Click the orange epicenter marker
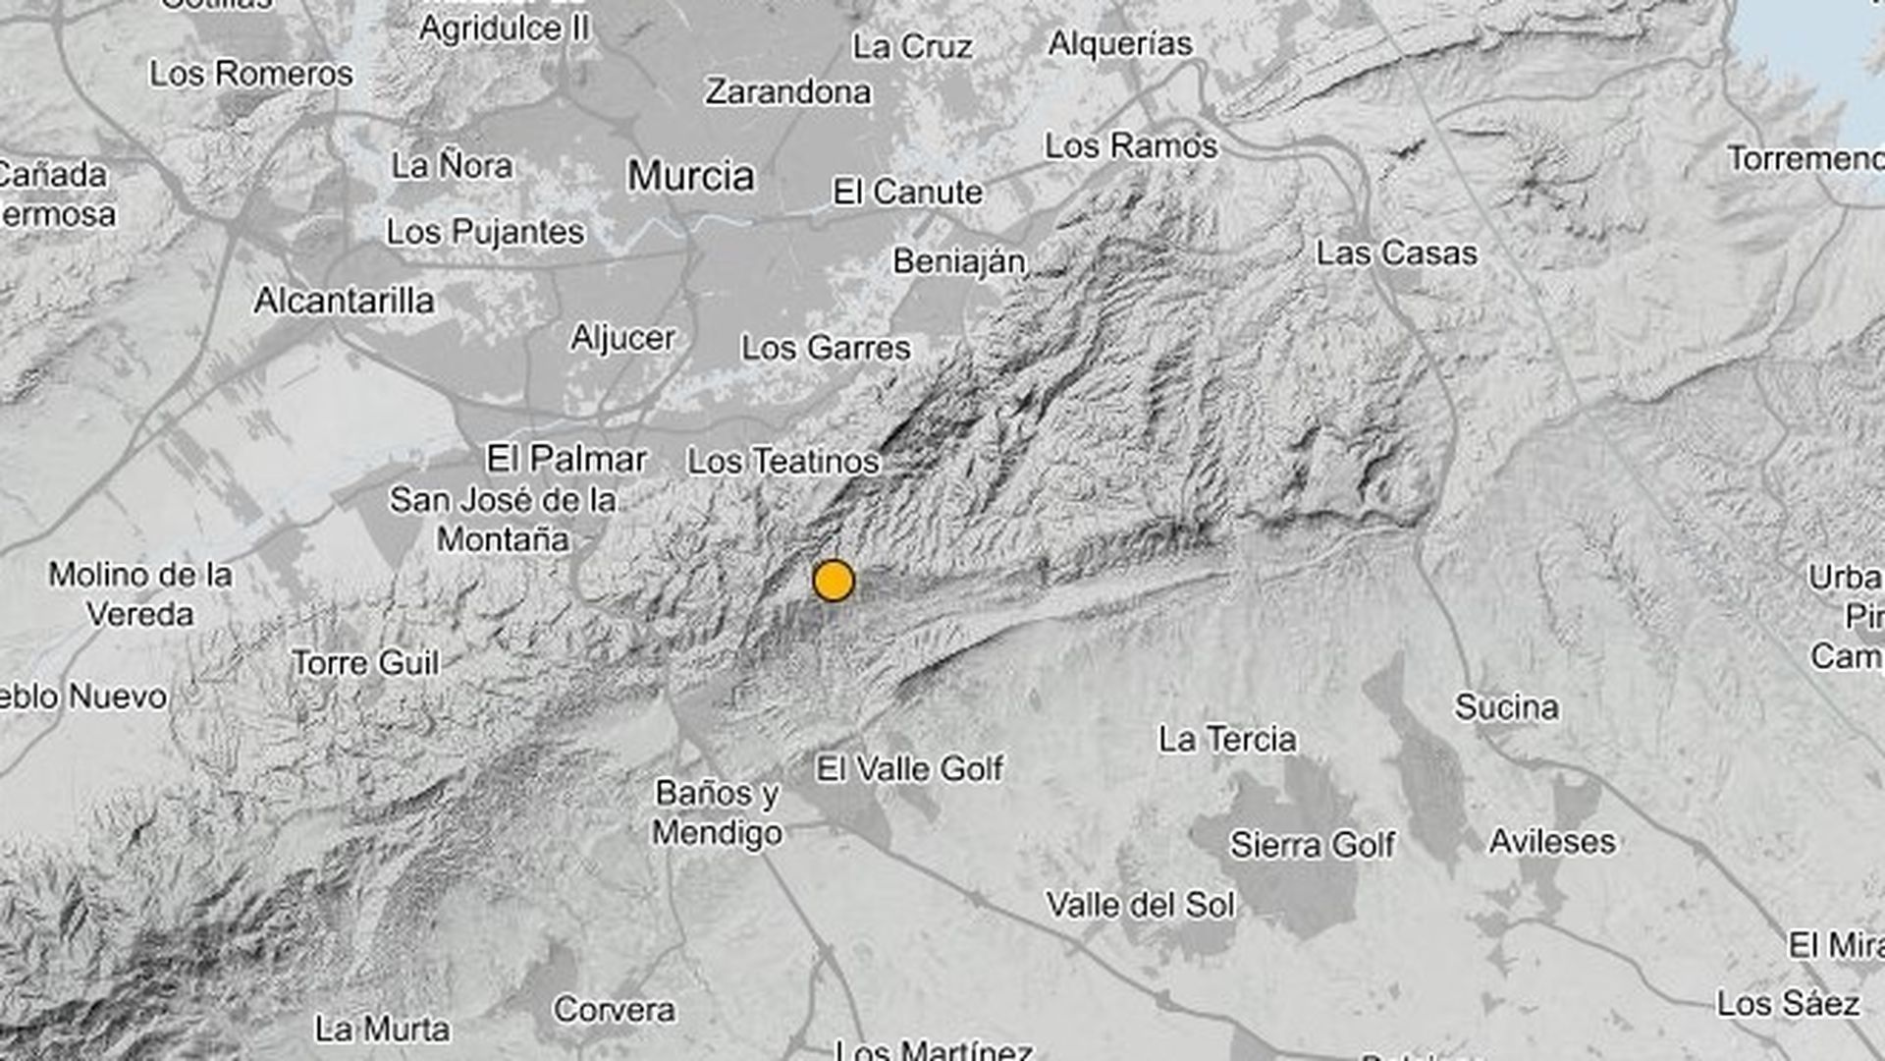pos(834,581)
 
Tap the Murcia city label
pos(691,177)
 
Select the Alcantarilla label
pos(344,301)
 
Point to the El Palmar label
pos(566,458)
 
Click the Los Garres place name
pos(826,348)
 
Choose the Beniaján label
pos(959,262)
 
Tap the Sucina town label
pos(1506,707)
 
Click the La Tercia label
pos(1227,739)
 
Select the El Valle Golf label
pos(909,768)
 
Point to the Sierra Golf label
pos(1312,844)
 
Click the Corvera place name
pos(614,1009)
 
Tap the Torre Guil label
pos(365,663)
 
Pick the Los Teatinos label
pos(782,461)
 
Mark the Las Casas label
pos(1396,253)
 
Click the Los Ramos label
pos(1131,146)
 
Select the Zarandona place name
pos(788,92)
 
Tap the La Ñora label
pos(452,166)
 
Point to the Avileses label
pos(1551,841)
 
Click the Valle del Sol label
pos(1140,905)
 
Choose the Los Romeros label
pos(251,74)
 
